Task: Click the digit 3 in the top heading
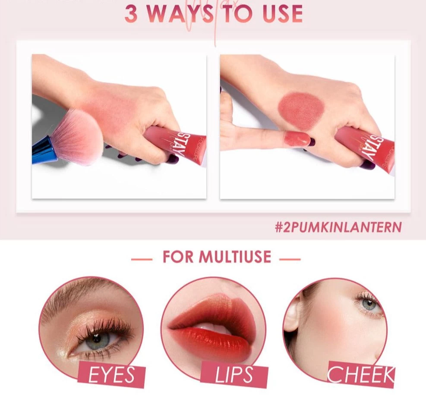[133, 14]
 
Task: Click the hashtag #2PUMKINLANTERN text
[338, 227]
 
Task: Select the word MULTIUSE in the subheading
[235, 257]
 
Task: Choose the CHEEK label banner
[360, 374]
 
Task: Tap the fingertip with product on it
[297, 139]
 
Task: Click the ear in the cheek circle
[292, 317]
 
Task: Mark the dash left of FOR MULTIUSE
[142, 259]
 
